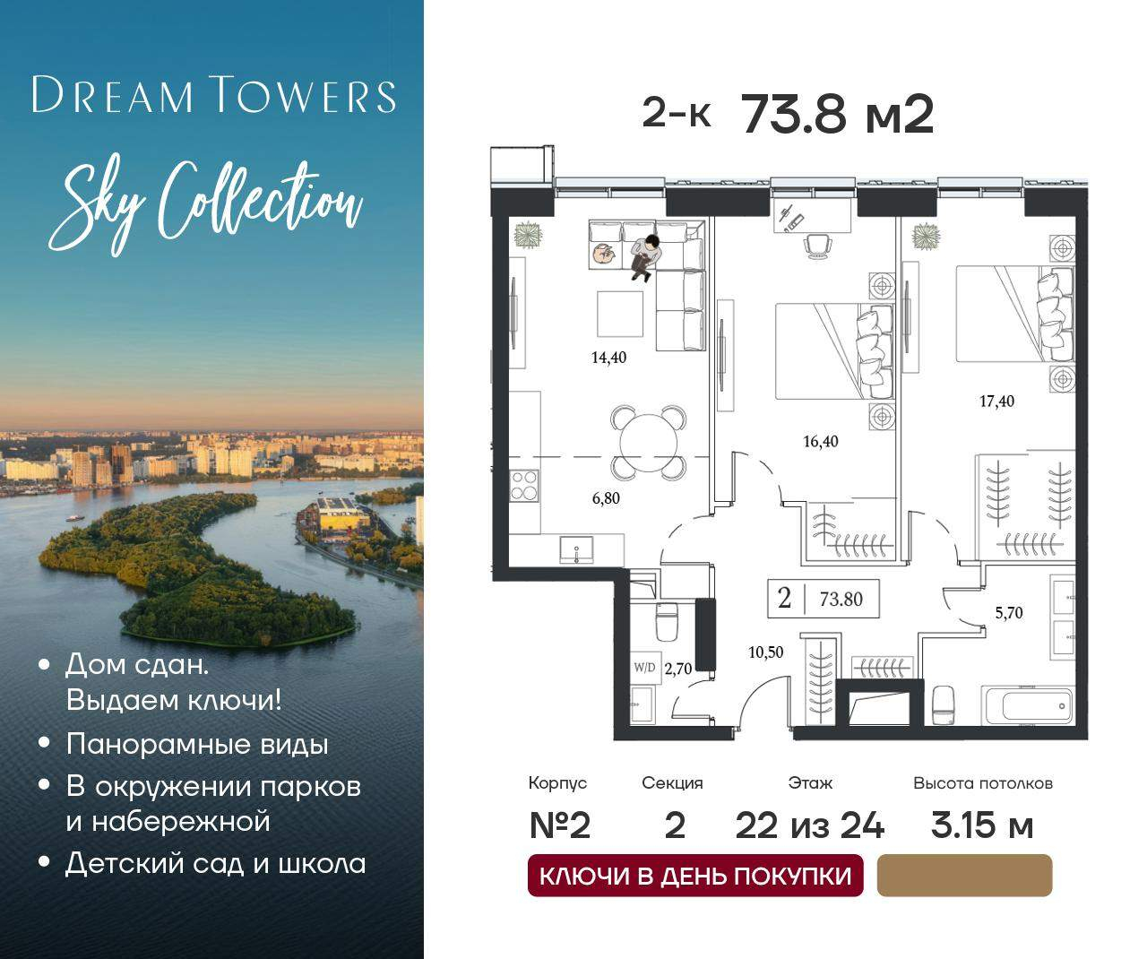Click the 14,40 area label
(608, 358)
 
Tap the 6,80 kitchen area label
(606, 498)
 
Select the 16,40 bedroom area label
(821, 441)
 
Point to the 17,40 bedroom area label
(997, 402)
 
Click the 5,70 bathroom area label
(1009, 613)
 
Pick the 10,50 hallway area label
(766, 652)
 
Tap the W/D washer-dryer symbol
(644, 668)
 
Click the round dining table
(649, 443)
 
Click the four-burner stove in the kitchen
(523, 485)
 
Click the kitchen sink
(576, 549)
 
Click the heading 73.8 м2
(838, 115)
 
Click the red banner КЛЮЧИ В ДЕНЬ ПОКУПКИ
(695, 876)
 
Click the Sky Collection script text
(206, 209)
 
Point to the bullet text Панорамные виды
(197, 746)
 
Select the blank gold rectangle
(964, 876)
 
